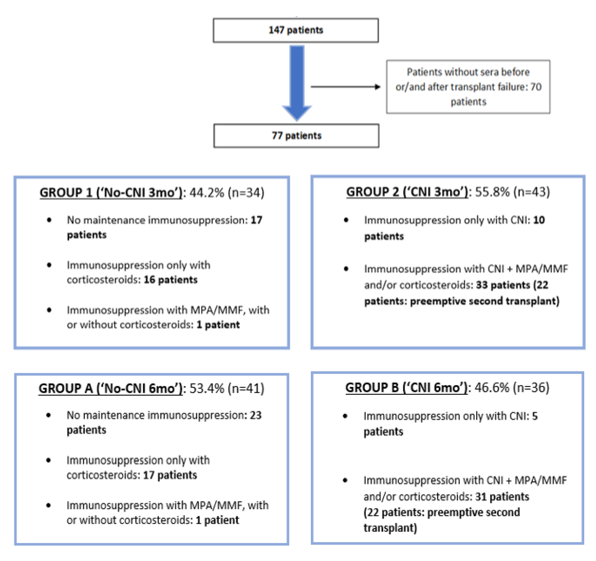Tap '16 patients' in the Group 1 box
[x=170, y=280]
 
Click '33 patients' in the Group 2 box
[x=503, y=285]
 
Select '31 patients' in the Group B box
[x=502, y=497]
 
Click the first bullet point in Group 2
[x=346, y=220]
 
